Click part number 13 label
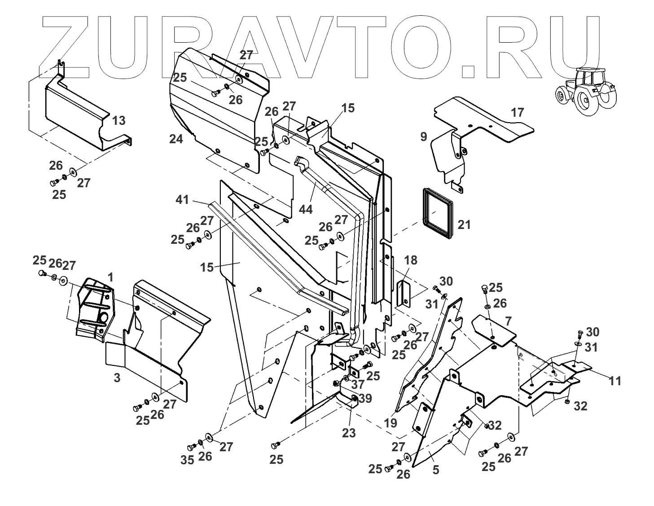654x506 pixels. click(119, 120)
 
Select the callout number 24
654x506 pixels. click(176, 139)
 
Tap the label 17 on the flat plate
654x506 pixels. click(518, 112)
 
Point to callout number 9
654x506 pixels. click(424, 136)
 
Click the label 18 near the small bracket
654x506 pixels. click(411, 260)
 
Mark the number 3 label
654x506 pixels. click(117, 378)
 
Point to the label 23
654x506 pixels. click(348, 433)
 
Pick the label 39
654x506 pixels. click(365, 399)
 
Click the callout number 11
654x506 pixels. click(615, 381)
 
